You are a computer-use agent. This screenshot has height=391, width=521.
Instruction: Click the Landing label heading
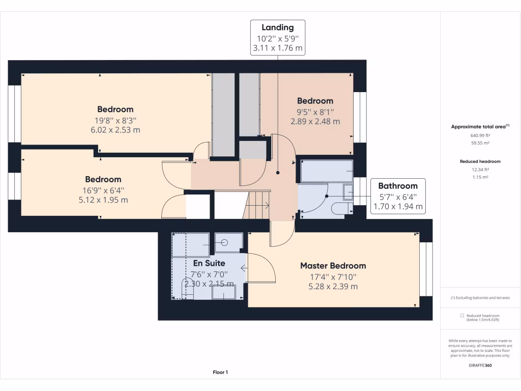click(277, 27)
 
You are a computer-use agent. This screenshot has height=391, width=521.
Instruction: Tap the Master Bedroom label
click(333, 266)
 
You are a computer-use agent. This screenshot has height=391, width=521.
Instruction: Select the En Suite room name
click(209, 263)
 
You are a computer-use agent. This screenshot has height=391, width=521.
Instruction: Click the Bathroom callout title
click(398, 186)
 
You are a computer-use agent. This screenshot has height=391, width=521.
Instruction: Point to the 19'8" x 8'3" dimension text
click(115, 120)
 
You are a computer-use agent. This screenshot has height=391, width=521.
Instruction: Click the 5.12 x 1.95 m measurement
click(103, 200)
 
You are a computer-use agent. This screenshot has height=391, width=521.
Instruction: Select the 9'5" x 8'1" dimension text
click(315, 112)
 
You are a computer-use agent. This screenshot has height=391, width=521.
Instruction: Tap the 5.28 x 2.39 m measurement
click(333, 286)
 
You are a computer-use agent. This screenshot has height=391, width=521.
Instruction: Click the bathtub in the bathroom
click(327, 171)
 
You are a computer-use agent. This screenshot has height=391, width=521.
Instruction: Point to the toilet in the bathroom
click(342, 208)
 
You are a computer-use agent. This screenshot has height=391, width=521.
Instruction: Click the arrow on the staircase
click(266, 206)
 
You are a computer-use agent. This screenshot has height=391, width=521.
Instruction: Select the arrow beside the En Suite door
click(244, 268)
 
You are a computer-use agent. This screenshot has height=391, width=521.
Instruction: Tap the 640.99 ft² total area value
click(480, 135)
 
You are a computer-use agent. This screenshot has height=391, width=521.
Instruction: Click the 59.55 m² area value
click(480, 143)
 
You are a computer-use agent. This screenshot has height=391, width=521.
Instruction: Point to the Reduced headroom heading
click(480, 161)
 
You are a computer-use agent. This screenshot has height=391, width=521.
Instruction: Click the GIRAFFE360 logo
click(480, 365)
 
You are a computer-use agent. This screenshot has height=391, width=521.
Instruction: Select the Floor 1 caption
click(220, 372)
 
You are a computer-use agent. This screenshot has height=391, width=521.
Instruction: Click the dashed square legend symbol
click(462, 316)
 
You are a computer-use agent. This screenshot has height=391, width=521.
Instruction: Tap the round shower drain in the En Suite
click(224, 243)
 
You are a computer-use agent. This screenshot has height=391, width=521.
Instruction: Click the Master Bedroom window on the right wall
click(426, 269)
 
